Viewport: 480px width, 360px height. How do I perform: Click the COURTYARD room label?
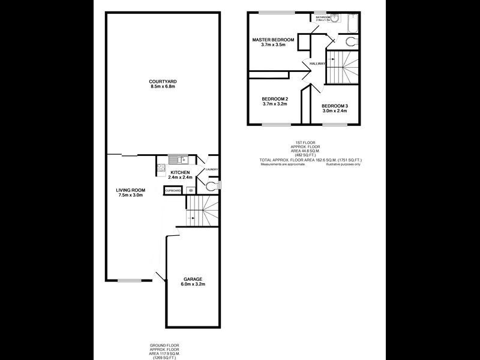(163, 81)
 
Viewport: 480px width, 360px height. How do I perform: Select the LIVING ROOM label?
(130, 190)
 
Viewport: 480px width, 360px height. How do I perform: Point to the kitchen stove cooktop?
(160, 169)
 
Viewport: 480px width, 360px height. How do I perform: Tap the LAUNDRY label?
(211, 170)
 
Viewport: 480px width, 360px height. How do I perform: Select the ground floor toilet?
(209, 187)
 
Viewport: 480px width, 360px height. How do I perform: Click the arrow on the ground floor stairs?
(192, 218)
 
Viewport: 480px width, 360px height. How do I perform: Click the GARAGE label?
(193, 279)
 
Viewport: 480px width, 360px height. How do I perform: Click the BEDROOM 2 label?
(275, 98)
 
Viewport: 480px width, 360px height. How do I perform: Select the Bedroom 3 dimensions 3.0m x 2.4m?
(335, 110)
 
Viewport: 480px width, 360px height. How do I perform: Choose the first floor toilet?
(352, 41)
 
